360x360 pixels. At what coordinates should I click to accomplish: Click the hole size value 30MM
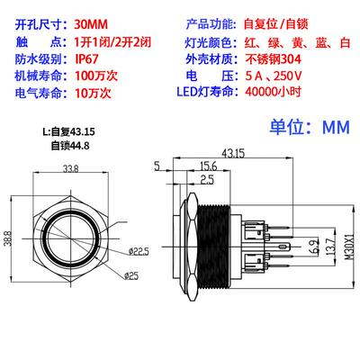91,24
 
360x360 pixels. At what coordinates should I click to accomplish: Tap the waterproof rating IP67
86,58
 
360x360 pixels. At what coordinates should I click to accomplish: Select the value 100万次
96,76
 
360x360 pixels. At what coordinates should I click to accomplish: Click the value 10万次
93,93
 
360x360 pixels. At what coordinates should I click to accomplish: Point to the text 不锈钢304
273,59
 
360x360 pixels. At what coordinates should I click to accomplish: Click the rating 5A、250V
274,76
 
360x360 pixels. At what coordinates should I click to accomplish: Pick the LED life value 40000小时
273,92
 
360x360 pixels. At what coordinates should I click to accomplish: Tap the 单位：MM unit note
310,127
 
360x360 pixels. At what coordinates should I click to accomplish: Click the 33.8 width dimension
71,168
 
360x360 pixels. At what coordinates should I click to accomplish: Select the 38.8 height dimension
8,238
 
